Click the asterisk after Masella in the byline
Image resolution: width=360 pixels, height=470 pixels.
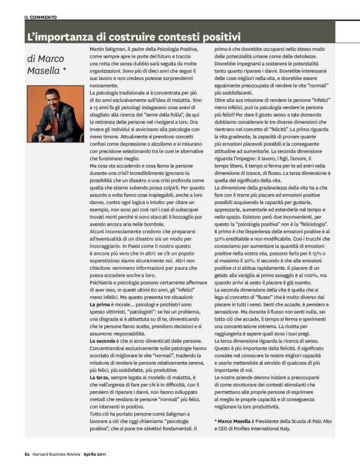(x=65, y=71)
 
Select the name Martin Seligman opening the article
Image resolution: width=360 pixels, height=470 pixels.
(x=110, y=48)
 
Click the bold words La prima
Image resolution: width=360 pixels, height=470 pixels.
(x=101, y=306)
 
